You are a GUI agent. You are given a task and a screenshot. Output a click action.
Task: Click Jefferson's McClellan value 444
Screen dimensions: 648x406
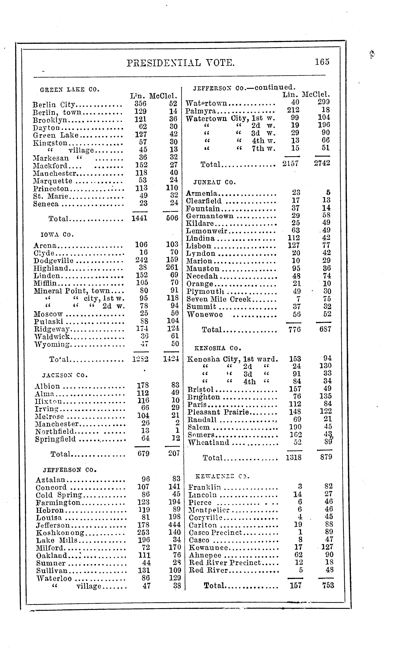coord(174,525)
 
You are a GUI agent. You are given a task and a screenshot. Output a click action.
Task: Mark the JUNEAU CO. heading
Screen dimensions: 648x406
coord(215,182)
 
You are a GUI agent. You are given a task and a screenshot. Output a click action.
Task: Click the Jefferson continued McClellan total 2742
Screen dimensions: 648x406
coord(322,163)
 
